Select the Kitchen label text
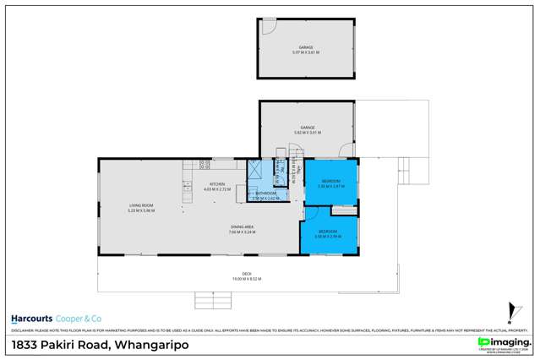(x=217, y=187)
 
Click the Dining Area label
(x=243, y=229)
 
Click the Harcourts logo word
(x=32, y=319)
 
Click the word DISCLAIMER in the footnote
(x=23, y=330)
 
